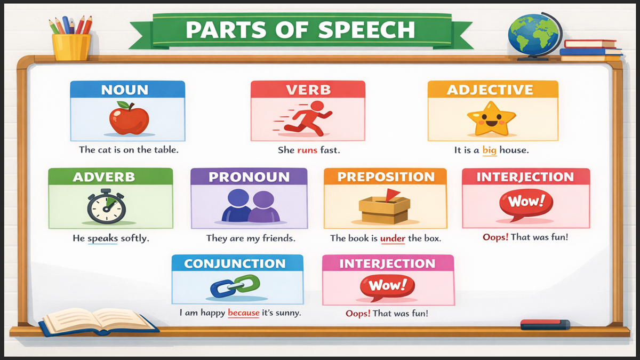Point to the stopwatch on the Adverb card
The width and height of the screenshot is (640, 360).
click(x=106, y=206)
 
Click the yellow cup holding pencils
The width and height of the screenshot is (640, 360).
click(x=71, y=46)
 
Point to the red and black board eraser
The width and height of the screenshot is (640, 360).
click(x=545, y=324)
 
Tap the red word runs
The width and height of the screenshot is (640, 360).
click(x=307, y=150)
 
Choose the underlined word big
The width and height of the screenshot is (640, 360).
click(x=489, y=150)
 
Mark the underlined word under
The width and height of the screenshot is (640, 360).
click(x=393, y=238)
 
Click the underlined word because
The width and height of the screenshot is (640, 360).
click(x=243, y=313)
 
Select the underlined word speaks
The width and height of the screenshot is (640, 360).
click(x=102, y=238)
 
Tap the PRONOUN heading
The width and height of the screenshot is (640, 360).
click(x=249, y=177)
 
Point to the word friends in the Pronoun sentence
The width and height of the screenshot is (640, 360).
click(x=278, y=238)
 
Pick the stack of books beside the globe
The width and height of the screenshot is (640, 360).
click(x=591, y=50)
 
